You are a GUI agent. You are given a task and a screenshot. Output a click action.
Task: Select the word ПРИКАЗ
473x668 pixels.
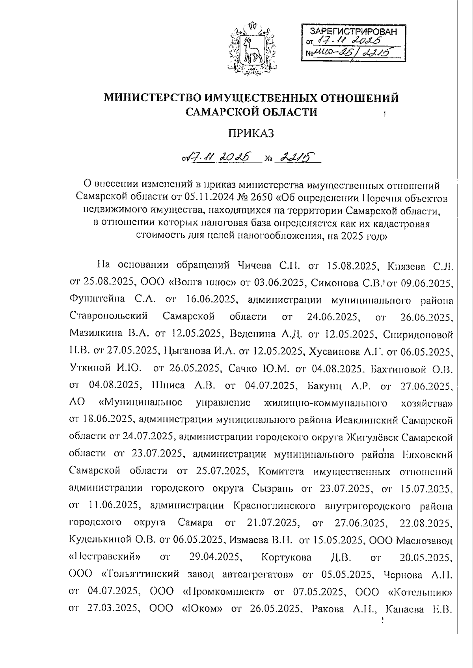(x=251, y=134)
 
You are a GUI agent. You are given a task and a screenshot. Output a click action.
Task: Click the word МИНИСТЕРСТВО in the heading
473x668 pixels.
(x=152, y=97)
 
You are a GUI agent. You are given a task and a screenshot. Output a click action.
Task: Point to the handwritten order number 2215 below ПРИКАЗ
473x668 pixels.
(x=296, y=158)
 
